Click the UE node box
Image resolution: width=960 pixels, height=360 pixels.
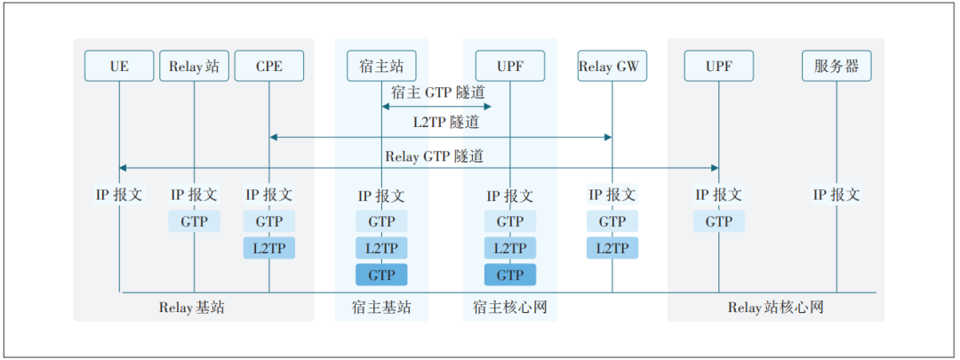[119, 67]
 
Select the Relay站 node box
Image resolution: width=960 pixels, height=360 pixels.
[194, 67]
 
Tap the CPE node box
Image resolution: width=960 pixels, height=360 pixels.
[268, 67]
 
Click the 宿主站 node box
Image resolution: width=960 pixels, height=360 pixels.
[381, 67]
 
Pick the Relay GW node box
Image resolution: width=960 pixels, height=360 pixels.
[612, 67]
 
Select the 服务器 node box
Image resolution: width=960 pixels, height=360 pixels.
[836, 67]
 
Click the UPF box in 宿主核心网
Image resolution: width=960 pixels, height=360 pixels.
[509, 67]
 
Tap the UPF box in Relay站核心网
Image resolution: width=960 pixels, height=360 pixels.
[718, 67]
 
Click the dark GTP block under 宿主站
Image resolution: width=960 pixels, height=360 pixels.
[381, 275]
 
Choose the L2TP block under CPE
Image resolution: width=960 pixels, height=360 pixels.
[268, 248]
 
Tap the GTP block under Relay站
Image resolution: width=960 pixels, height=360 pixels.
[194, 221]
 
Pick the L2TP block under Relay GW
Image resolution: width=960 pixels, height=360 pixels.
[612, 248]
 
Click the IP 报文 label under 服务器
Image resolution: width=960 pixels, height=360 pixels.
[836, 195]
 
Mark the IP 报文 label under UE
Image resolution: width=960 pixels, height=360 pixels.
[119, 195]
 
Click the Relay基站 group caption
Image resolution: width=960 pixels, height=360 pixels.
[195, 308]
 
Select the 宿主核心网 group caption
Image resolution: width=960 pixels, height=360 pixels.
[509, 308]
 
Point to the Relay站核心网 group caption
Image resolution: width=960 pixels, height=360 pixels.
[776, 308]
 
